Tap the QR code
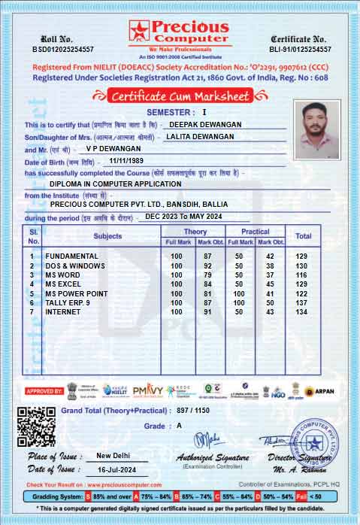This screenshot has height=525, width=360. pyautogui.click(x=36, y=426)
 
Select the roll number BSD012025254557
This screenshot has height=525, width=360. pyautogui.click(x=63, y=49)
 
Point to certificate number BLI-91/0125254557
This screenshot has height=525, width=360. pyautogui.click(x=300, y=49)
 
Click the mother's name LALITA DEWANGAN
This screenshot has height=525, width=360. pyautogui.click(x=201, y=136)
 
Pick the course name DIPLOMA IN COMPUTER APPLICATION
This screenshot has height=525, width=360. pyautogui.click(x=115, y=184)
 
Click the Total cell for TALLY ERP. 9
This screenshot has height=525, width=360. pyautogui.click(x=302, y=302)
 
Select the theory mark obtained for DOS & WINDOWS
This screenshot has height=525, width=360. pyautogui.click(x=207, y=266)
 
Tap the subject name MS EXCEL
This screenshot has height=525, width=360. pyautogui.click(x=63, y=284)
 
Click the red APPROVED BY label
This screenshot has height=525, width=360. pyautogui.click(x=44, y=391)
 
